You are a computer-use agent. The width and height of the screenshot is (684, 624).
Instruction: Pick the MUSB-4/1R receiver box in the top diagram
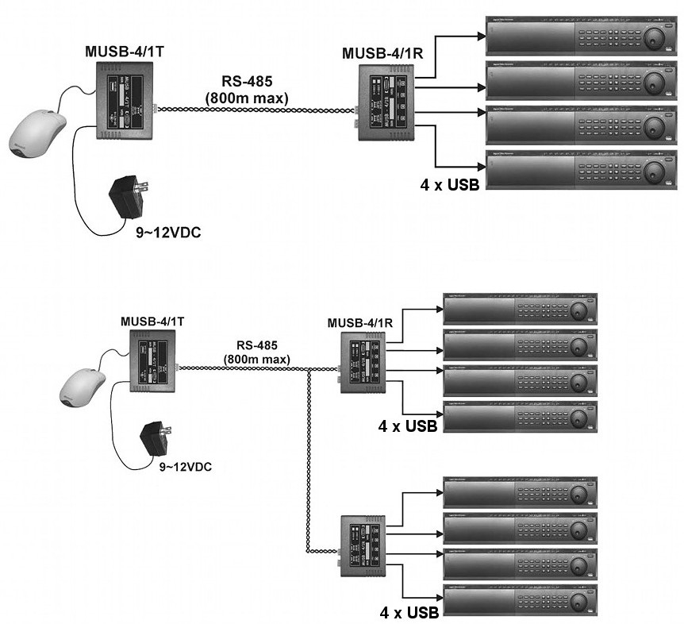click(x=384, y=103)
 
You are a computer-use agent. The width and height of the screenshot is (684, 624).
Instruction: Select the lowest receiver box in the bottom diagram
click(x=367, y=545)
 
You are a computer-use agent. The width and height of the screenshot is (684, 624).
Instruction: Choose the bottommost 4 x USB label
click(x=409, y=613)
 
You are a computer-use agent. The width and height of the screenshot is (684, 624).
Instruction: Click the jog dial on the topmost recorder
click(x=655, y=37)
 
